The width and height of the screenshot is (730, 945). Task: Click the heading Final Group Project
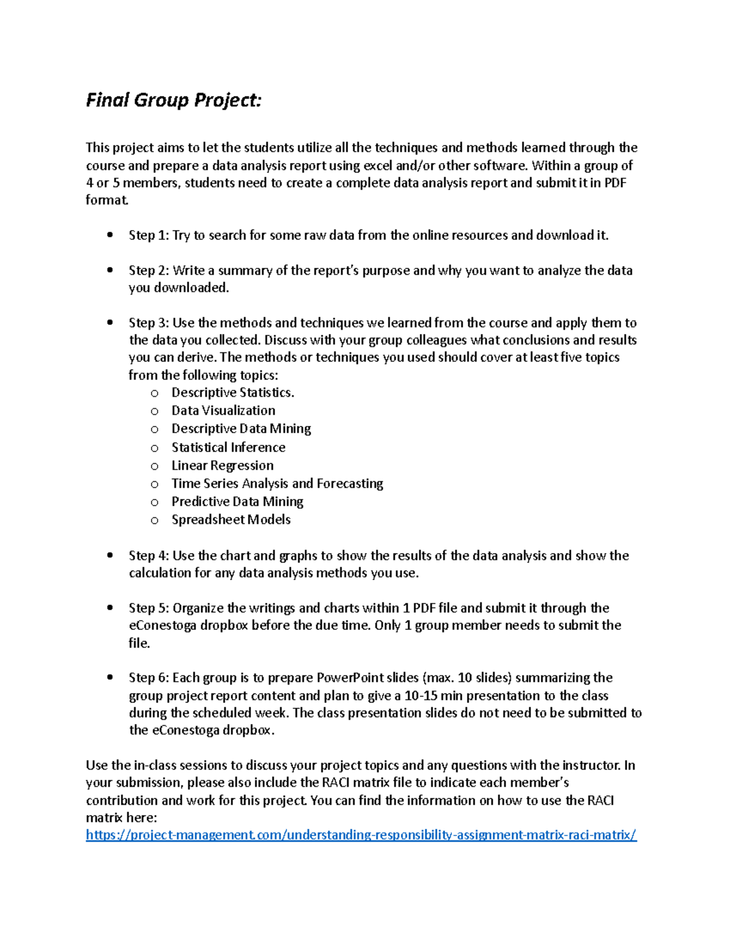pos(173,100)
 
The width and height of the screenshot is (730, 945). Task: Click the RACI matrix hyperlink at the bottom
pos(361,835)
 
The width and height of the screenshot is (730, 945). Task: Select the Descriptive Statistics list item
pos(232,393)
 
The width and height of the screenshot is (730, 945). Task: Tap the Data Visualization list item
pos(223,411)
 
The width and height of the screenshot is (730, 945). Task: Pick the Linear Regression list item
pos(222,466)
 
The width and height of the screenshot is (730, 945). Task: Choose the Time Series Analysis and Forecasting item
pos(277,484)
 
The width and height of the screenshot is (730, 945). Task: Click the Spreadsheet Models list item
pos(231,520)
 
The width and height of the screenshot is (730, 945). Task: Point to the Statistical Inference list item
pos(228,447)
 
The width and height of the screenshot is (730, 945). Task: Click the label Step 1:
pos(148,235)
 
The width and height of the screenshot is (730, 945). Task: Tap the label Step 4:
pos(148,556)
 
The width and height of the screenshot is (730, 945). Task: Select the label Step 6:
pos(148,678)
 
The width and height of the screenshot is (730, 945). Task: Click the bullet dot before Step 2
pos(110,270)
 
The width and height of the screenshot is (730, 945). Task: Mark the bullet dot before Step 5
pos(110,608)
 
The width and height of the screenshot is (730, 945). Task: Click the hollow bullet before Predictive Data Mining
pos(155,503)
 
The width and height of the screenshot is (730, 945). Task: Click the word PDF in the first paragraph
pos(615,183)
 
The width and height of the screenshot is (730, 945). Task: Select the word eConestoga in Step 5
pos(162,626)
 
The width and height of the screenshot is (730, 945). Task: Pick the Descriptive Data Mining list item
pos(241,429)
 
